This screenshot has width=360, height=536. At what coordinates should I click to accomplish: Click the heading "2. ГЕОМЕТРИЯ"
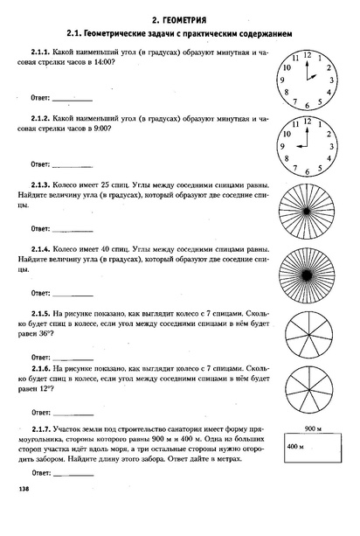pyautogui.click(x=179, y=17)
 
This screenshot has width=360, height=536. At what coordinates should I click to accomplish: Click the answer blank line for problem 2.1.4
pyautogui.click(x=73, y=294)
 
